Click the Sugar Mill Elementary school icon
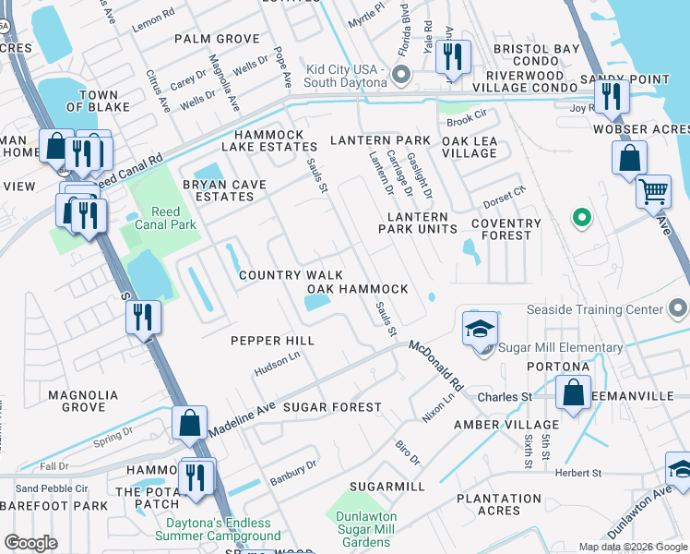point(481,330)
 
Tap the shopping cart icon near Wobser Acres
point(653,192)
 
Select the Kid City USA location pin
point(400,74)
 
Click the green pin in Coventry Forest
point(581,219)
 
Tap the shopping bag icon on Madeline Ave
point(189,423)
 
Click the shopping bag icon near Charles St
point(573,392)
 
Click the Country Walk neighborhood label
point(291,275)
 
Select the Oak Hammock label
point(357,289)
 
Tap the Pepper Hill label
point(272,341)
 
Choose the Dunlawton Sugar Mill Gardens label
point(366,529)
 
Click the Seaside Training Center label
point(607,309)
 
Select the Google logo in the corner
point(30,543)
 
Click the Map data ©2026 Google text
point(632,547)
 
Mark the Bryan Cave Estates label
point(224,190)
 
